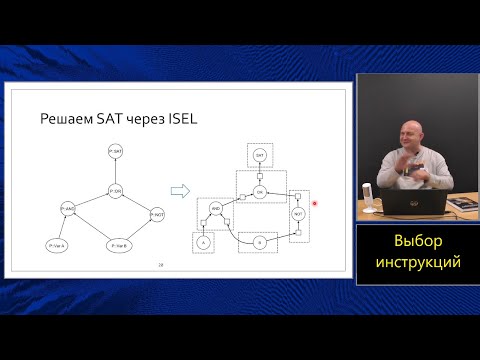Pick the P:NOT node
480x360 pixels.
(156, 213)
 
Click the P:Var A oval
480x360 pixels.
(56, 244)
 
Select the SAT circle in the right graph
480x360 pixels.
(259, 156)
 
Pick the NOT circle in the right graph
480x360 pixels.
(297, 213)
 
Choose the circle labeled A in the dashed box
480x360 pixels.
(203, 243)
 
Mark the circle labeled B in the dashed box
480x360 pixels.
(259, 242)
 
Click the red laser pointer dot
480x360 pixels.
(315, 203)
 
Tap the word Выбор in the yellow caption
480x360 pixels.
(417, 242)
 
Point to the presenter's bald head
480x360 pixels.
(411, 130)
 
